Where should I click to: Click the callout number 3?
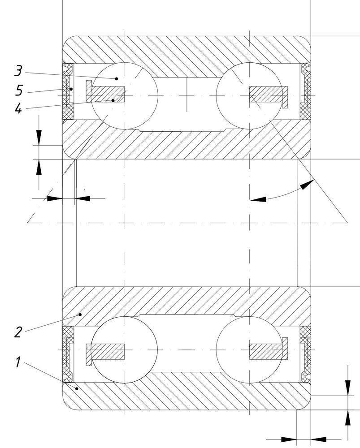(x=18, y=71)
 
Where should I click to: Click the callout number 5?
(x=19, y=90)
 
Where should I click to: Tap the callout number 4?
(x=18, y=108)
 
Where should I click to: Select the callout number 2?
(x=18, y=332)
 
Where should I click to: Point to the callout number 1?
(x=18, y=362)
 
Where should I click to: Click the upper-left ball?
(x=124, y=96)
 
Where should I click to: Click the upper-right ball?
(x=249, y=96)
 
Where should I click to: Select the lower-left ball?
(x=124, y=350)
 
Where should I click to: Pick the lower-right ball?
(x=249, y=350)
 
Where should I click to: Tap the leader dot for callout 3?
(x=117, y=78)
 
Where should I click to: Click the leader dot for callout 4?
(x=113, y=100)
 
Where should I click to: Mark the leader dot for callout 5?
(x=71, y=89)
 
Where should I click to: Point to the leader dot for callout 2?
(x=80, y=314)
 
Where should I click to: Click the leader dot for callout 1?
(x=77, y=388)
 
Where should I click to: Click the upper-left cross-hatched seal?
(x=68, y=91)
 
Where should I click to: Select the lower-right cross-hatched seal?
(x=305, y=354)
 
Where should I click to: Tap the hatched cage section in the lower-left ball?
(x=105, y=351)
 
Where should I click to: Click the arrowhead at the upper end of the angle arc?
(x=307, y=184)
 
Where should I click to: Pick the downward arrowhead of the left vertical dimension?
(x=39, y=138)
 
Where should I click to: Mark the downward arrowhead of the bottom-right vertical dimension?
(x=348, y=388)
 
